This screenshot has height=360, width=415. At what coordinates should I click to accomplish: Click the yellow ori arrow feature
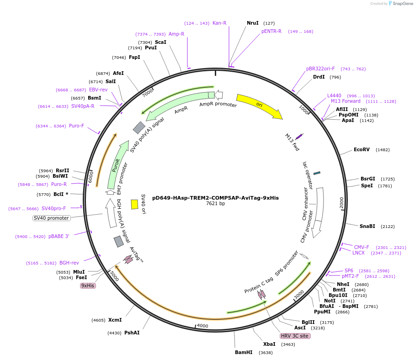tap(259, 106)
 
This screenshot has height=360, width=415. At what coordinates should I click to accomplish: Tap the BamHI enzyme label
tap(244, 352)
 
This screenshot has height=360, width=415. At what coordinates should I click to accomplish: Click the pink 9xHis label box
tap(88, 286)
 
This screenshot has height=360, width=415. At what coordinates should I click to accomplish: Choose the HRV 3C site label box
tap(295, 336)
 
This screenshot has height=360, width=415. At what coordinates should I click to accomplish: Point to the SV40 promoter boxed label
tap(52, 218)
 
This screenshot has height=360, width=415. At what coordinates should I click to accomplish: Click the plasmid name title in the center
tap(215, 198)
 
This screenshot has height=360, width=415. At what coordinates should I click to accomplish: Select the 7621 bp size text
tap(215, 204)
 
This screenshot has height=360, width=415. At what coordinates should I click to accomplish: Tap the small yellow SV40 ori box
tap(134, 204)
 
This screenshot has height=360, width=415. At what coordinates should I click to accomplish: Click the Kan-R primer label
tap(219, 23)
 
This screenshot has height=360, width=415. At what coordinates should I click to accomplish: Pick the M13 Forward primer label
tap(346, 101)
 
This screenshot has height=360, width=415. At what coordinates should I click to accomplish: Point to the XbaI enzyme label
tap(269, 344)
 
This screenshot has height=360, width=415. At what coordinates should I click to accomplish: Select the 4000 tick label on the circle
tap(202, 326)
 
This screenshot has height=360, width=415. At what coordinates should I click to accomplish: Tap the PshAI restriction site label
tap(132, 333)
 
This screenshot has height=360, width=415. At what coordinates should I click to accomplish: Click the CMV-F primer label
tap(362, 247)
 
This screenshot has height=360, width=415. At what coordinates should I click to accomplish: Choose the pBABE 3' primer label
tap(59, 237)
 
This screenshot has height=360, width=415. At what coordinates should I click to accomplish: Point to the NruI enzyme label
tap(253, 23)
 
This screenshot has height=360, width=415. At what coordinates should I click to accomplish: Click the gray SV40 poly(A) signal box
tap(139, 127)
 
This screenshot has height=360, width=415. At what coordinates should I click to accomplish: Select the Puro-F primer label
tap(76, 126)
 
